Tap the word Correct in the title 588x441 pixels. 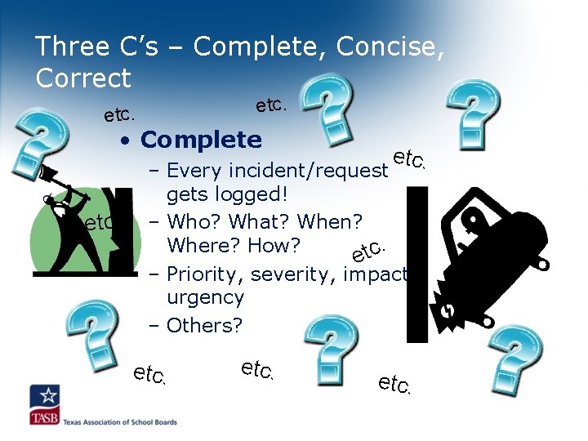83,78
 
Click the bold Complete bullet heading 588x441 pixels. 201,140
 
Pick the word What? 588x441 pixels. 260,220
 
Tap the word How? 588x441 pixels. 273,245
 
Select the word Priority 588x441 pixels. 203,274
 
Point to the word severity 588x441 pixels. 295,274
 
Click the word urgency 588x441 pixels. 205,298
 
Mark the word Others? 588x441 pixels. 204,325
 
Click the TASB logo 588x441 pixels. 45,406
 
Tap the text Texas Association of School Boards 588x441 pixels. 121,422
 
